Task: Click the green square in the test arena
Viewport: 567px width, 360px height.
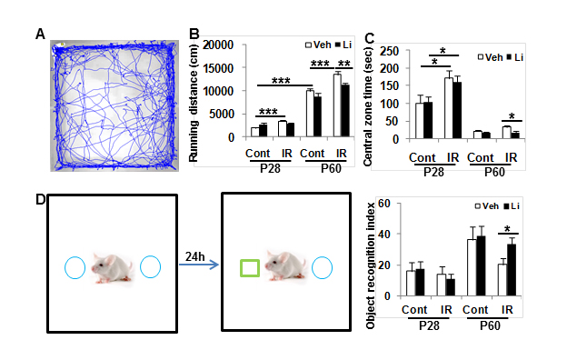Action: (x=250, y=268)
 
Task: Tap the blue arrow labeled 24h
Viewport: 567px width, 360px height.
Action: (x=199, y=265)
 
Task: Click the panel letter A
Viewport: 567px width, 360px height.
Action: (x=41, y=35)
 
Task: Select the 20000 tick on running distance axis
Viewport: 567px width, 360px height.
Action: (x=218, y=45)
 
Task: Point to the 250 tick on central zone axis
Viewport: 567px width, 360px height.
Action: (x=389, y=51)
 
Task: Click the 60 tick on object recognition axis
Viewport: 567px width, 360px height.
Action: (x=384, y=204)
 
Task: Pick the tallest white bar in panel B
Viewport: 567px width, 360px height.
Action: (x=337, y=105)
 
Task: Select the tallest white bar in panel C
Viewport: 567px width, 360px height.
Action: (x=449, y=108)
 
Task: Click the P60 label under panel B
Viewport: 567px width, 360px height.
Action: (x=332, y=168)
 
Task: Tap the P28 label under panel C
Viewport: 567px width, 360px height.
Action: (x=433, y=172)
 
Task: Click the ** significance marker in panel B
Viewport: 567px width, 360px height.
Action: (x=343, y=64)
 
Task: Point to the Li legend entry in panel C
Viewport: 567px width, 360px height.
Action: (x=515, y=57)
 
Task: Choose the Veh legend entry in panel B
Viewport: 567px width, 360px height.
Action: (x=318, y=45)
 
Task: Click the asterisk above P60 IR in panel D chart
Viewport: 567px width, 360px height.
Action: (x=507, y=229)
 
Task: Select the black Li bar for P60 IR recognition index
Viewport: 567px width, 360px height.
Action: (x=512, y=270)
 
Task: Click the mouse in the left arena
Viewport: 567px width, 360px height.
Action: (x=112, y=268)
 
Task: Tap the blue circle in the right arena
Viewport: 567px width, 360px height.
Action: (x=322, y=268)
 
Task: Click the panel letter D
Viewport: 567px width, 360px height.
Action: (x=41, y=199)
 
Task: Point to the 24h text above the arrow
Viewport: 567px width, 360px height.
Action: (x=194, y=256)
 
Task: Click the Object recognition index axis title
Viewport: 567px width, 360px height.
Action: (x=371, y=266)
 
